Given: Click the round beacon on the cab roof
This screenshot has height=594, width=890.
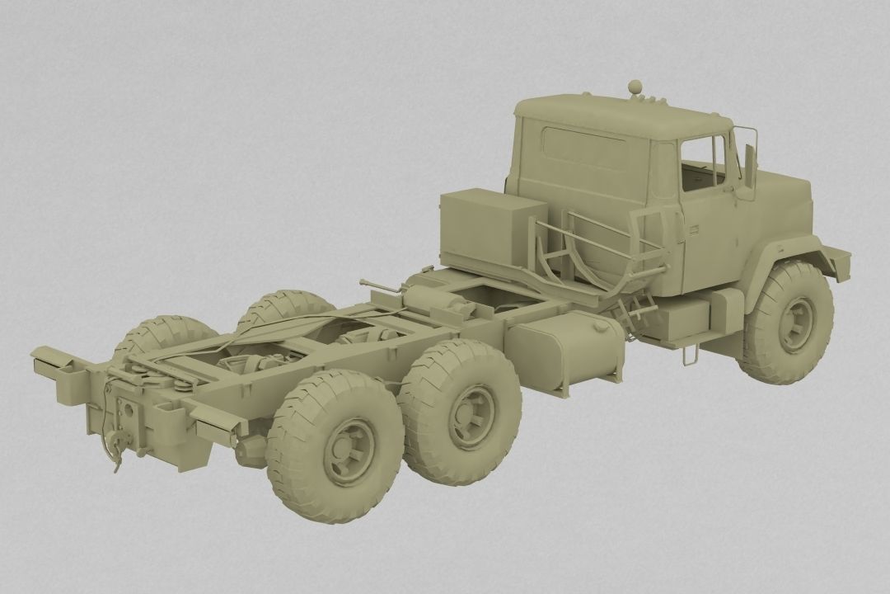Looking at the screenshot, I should tap(635, 86).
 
